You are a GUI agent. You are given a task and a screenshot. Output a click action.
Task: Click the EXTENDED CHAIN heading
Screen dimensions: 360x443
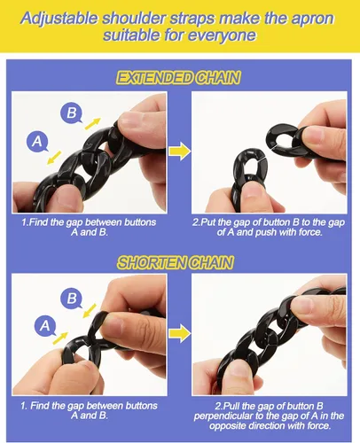click(x=178, y=78)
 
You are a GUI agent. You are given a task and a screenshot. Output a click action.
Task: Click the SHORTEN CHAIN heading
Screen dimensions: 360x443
click(x=176, y=262)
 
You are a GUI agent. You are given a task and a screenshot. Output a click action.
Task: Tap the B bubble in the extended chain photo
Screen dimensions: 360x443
click(x=71, y=113)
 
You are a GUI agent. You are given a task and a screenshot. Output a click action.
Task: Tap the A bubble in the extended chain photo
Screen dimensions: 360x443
click(x=37, y=142)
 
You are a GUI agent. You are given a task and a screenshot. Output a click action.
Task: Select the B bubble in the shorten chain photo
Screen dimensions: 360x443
click(x=72, y=298)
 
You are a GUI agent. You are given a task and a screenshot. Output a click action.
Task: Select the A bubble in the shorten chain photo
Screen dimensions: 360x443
click(x=45, y=325)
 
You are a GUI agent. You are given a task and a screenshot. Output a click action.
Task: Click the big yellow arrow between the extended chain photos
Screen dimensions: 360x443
click(x=180, y=151)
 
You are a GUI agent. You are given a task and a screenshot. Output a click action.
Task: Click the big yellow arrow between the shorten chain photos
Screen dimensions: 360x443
click(x=180, y=333)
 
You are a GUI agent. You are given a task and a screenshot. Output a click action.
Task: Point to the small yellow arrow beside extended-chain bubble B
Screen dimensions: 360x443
click(x=93, y=123)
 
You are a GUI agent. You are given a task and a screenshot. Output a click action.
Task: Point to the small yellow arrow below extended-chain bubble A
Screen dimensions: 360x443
click(x=54, y=158)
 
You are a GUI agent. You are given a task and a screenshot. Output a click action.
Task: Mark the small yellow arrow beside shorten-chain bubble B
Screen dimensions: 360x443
click(x=90, y=311)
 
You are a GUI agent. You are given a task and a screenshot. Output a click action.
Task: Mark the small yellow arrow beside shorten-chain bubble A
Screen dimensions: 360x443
click(x=60, y=338)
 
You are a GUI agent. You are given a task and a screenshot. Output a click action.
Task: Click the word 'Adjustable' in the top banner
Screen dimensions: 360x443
click(x=59, y=19)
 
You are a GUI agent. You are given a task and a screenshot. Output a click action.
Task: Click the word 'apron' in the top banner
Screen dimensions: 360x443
click(x=313, y=19)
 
